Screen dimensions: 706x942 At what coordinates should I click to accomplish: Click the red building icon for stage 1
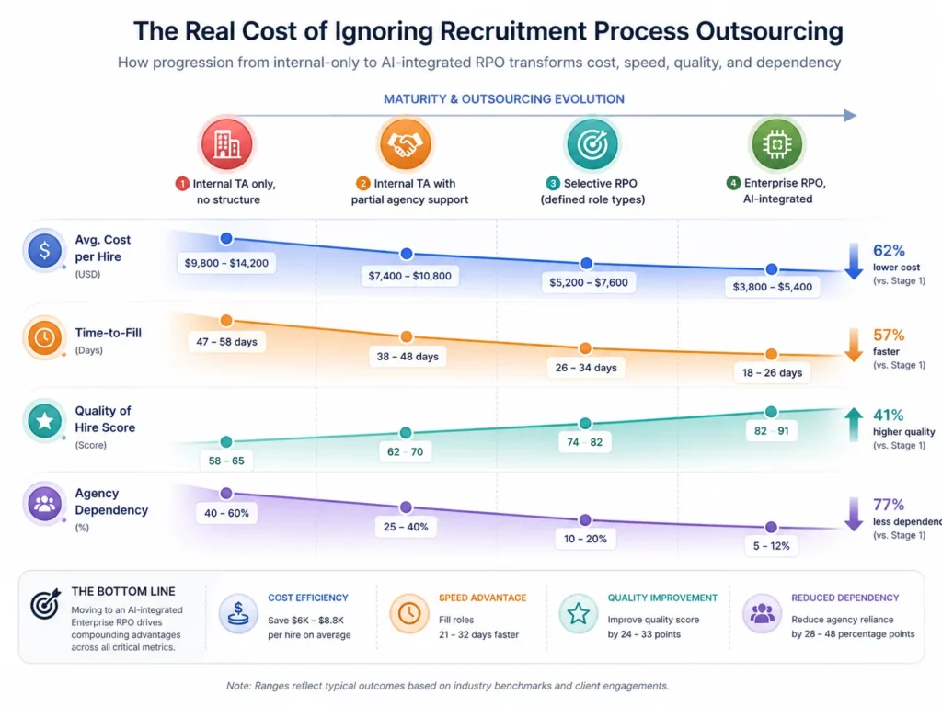click(x=226, y=143)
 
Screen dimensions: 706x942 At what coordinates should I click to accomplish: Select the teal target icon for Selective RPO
click(x=592, y=143)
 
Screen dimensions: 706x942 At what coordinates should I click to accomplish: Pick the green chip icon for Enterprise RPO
click(x=776, y=143)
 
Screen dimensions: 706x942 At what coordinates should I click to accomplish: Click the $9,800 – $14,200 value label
click(x=226, y=263)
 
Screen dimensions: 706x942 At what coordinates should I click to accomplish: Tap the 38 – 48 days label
click(x=406, y=356)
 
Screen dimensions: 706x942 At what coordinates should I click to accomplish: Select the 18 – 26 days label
click(x=771, y=372)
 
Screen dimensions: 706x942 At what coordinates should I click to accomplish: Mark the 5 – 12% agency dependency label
click(x=770, y=545)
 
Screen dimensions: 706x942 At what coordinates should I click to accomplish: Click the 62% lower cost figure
click(x=890, y=250)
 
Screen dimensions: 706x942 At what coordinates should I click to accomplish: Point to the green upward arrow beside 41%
click(x=854, y=424)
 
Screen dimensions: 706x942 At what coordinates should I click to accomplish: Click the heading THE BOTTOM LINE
click(x=122, y=592)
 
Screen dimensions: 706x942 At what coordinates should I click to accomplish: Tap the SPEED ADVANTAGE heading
click(x=483, y=598)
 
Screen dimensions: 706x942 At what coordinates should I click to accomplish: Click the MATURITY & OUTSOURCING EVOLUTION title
click(x=503, y=99)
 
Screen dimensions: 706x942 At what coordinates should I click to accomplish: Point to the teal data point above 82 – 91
click(x=771, y=412)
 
